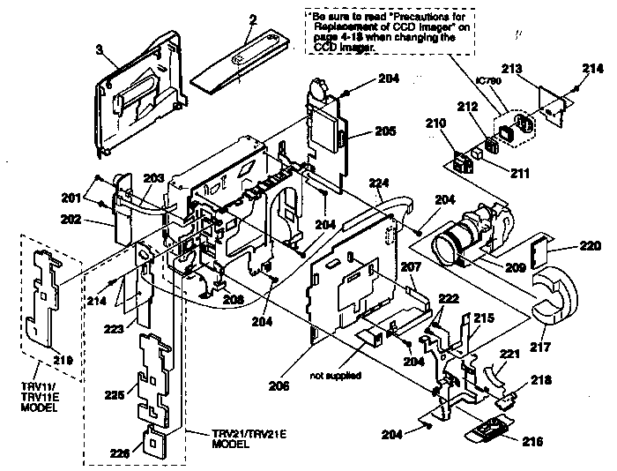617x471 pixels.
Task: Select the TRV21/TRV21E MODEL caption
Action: [x=243, y=438]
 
